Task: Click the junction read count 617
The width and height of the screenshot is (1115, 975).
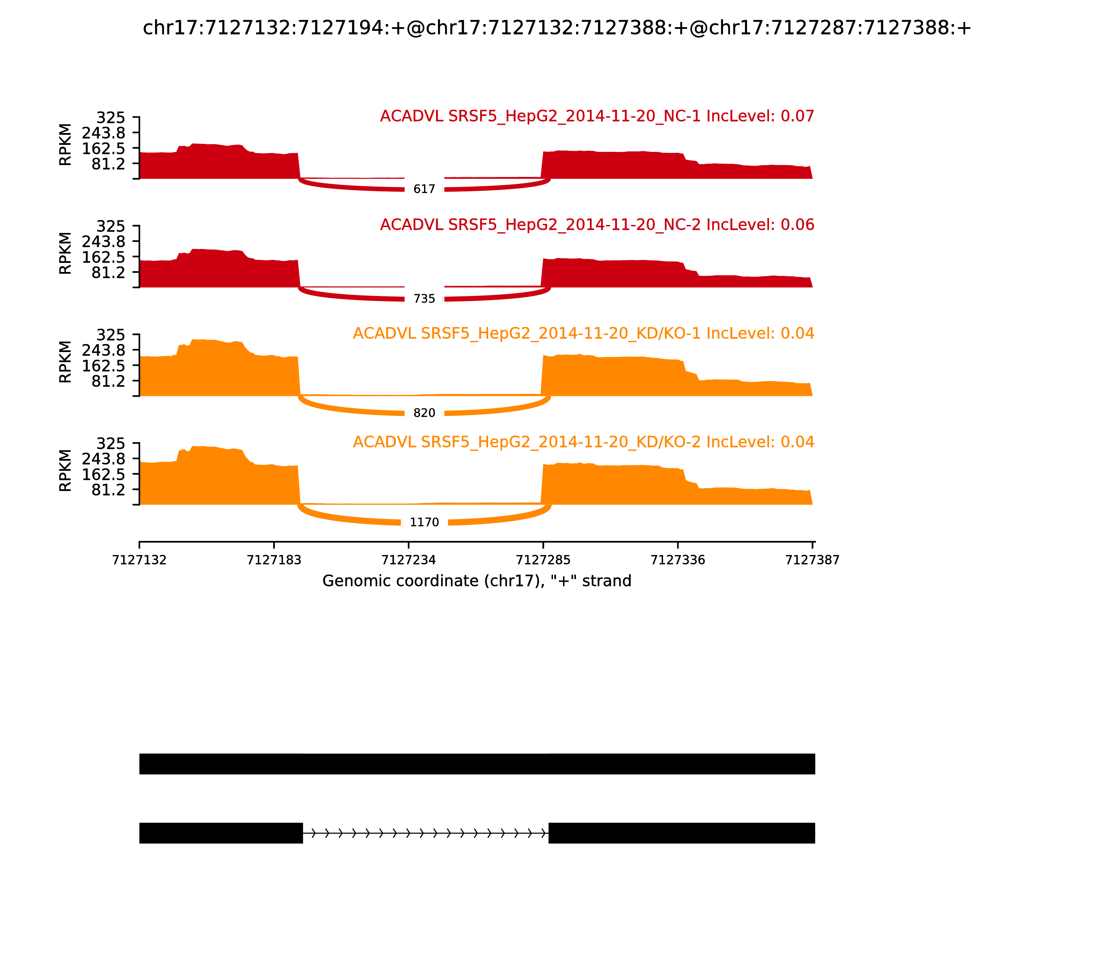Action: [x=424, y=189]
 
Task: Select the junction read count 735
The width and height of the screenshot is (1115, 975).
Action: [x=424, y=299]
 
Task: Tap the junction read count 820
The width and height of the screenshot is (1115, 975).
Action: [x=424, y=413]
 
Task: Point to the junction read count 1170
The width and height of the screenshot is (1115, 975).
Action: [x=424, y=522]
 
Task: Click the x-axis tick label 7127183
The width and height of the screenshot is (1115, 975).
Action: [x=274, y=560]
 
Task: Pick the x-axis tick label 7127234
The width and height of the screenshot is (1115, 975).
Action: [x=408, y=560]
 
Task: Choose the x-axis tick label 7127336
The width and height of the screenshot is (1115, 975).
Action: [x=678, y=560]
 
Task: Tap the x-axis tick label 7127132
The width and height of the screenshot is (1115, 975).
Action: [x=139, y=560]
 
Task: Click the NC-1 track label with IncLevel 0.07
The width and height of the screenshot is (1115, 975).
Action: [x=597, y=116]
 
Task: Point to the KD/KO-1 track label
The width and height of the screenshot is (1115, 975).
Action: [x=583, y=334]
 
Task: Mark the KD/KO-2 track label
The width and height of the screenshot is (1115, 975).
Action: [x=583, y=442]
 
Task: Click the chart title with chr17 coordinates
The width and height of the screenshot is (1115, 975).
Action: [x=557, y=28]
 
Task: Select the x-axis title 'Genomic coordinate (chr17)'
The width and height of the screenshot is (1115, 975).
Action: [x=477, y=581]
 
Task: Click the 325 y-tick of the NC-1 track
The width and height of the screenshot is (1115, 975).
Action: [x=110, y=118]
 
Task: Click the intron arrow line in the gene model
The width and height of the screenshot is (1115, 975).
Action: [x=425, y=833]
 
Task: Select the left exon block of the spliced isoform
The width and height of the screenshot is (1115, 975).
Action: [x=221, y=833]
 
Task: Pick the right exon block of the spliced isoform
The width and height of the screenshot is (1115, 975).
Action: [x=681, y=833]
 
